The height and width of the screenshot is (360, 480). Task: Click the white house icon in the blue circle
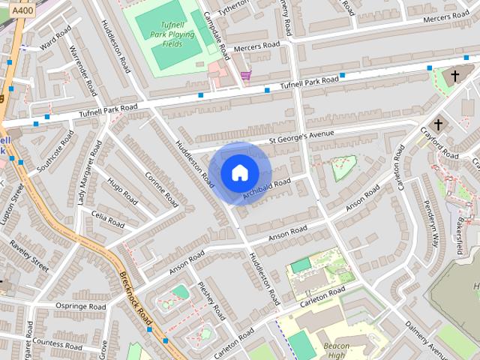pyautogui.click(x=239, y=172)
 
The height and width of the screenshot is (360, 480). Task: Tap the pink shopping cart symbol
pyautogui.click(x=246, y=74)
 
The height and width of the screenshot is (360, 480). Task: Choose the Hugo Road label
pyautogui.click(x=121, y=193)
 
